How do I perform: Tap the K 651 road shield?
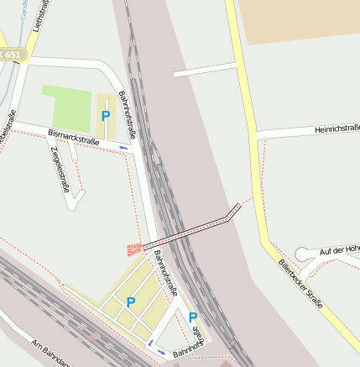click(12, 55)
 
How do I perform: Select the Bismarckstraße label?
click(74, 138)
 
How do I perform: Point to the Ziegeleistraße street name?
click(60, 169)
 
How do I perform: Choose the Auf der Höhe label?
click(339, 249)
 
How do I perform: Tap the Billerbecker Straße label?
click(300, 284)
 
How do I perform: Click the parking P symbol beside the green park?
click(106, 116)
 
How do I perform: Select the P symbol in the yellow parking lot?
click(131, 301)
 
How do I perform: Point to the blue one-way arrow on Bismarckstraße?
click(123, 148)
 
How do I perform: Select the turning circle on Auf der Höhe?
click(302, 254)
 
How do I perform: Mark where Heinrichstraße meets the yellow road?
click(254, 134)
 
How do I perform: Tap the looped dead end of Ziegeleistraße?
click(78, 197)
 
